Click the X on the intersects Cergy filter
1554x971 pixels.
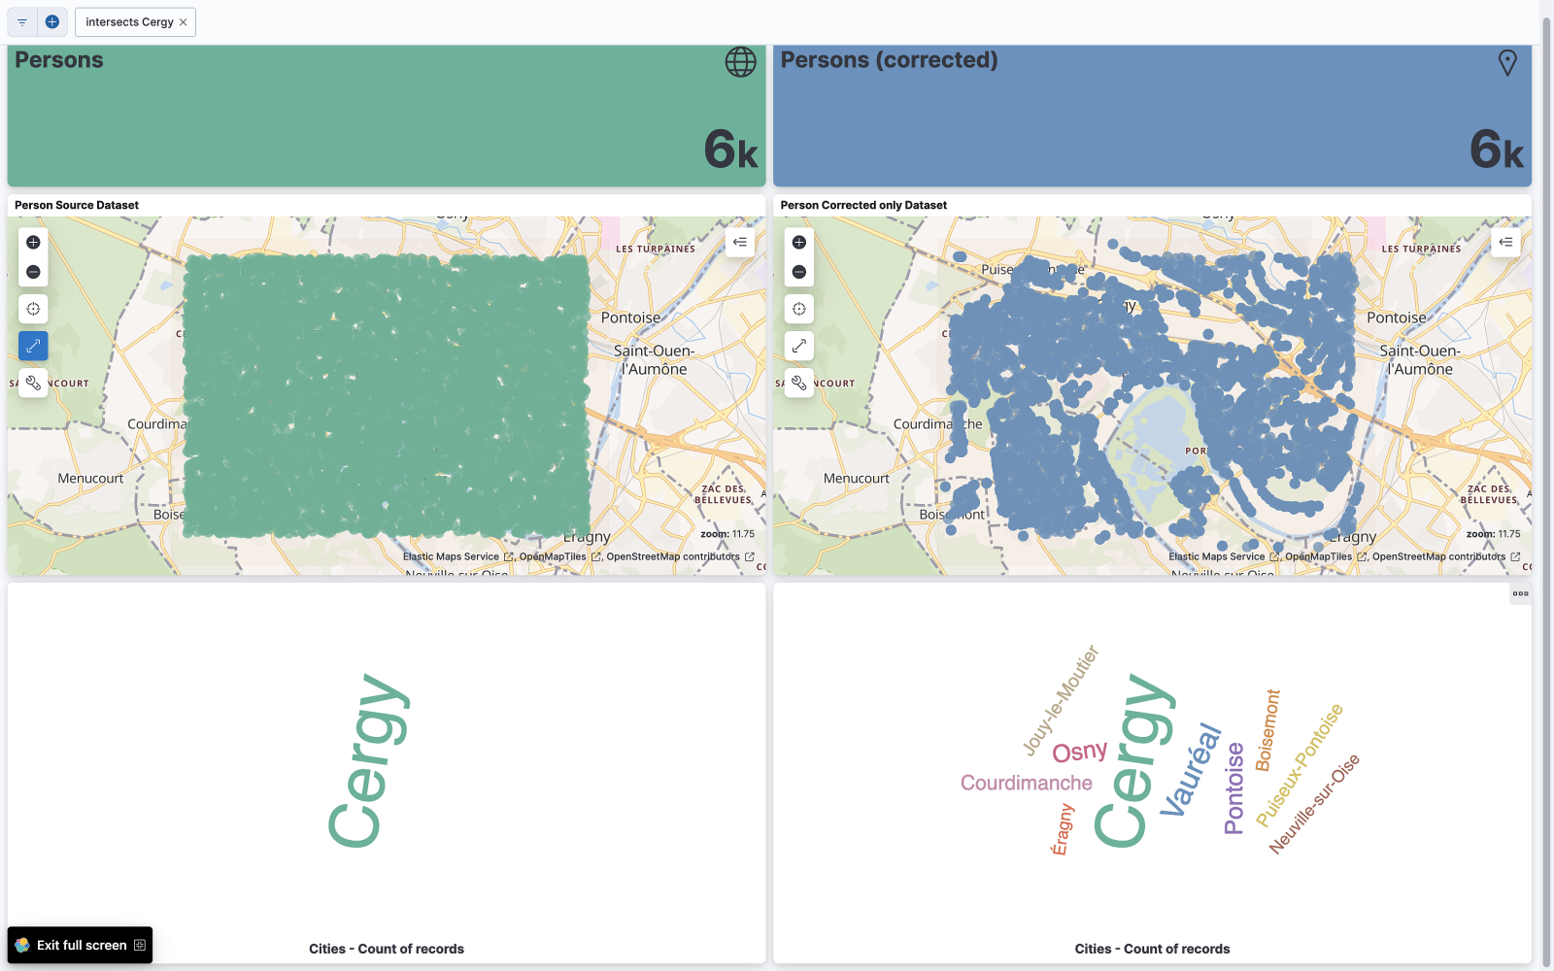[x=183, y=22]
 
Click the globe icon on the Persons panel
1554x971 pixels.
[x=740, y=62]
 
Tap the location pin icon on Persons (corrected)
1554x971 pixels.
[x=1506, y=63]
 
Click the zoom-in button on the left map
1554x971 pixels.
[x=33, y=243]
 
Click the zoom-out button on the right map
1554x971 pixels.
[x=798, y=272]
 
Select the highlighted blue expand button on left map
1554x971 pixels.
[x=33, y=346]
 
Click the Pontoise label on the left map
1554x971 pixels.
[x=630, y=318]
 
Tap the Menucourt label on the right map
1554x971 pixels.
[x=856, y=479]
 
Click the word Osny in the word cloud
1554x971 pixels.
[x=1079, y=753]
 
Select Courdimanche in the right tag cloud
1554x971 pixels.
[x=1026, y=783]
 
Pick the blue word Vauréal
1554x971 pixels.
[x=1191, y=770]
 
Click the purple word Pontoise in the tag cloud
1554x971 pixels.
[x=1233, y=787]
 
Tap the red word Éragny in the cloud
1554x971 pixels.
[x=1062, y=828]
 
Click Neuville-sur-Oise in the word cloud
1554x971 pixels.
[x=1314, y=804]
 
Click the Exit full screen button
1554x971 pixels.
[x=81, y=945]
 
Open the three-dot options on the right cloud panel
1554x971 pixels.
[x=1520, y=593]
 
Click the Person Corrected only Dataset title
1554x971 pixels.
[x=862, y=205]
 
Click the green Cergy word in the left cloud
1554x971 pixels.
[x=367, y=760]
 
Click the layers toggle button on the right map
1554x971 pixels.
[x=1505, y=242]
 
